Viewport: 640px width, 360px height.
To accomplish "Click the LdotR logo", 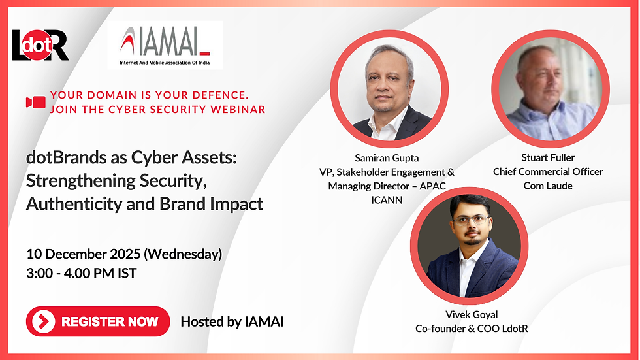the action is pos(40,45).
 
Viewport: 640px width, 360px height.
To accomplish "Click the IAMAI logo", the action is pos(165,45).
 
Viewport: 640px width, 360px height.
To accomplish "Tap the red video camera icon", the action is pos(36,102).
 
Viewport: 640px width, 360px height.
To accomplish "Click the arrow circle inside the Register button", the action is pos(43,321).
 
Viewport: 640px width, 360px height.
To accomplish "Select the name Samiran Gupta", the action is pos(387,158).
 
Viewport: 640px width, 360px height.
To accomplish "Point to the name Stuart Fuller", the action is pos(548,157).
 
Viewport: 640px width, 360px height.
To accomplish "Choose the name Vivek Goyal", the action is pos(472,314).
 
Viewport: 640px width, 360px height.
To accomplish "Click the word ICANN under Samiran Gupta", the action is pos(387,200).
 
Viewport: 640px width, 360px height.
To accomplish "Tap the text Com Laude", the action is pos(548,186).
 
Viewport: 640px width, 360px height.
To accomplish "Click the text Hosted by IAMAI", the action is pos(232,321).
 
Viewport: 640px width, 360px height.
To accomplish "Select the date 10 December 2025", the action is pos(84,254).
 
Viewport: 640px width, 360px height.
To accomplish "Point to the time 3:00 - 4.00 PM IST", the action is pos(81,273).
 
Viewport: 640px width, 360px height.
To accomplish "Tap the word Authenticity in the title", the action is pos(74,204).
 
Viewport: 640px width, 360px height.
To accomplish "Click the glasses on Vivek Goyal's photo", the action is pos(471,220).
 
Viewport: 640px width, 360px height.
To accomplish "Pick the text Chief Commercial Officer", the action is pos(548,172).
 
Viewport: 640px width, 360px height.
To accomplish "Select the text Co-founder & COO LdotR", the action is pos(472,329).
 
